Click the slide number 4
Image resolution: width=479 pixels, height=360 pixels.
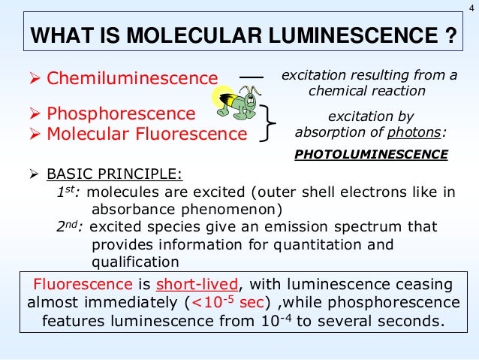(x=471, y=8)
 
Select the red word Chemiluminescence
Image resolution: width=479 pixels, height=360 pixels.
(x=132, y=77)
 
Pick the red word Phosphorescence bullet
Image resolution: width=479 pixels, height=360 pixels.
(x=121, y=114)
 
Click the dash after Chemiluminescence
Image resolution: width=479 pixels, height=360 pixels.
(x=252, y=77)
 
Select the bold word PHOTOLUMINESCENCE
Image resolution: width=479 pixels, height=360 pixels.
(x=371, y=155)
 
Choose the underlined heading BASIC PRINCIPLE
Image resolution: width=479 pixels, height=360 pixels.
(x=114, y=174)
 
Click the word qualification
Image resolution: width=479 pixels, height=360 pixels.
(x=134, y=262)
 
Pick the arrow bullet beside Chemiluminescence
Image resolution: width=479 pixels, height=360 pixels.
(x=33, y=77)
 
